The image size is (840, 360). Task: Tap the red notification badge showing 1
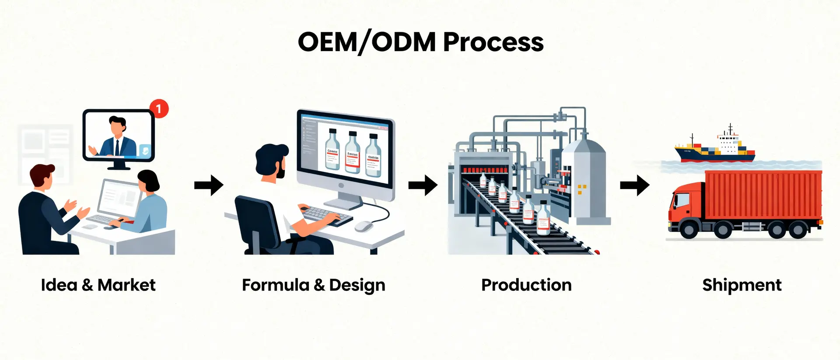coord(159,108)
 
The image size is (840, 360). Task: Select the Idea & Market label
coord(98,285)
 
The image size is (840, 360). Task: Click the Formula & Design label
coord(313,285)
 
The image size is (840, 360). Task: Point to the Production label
coord(526,285)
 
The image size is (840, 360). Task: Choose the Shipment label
coord(742,285)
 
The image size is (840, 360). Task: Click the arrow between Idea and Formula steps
coord(209,185)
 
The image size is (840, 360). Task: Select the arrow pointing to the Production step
coord(423,185)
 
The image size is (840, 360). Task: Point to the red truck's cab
coord(685,206)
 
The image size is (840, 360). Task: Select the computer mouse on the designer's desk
coord(364,226)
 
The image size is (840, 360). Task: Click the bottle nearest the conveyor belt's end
coord(543,219)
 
